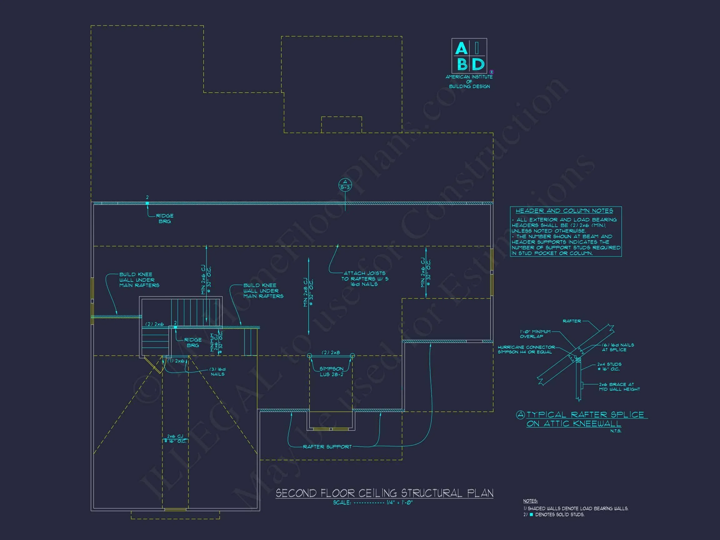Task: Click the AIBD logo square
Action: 469,56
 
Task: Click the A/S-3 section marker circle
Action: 345,185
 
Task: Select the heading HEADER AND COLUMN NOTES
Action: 564,211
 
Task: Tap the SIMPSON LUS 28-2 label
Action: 331,371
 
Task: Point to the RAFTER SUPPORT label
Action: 327,447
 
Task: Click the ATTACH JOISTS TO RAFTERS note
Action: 365,279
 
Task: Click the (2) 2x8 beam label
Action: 331,352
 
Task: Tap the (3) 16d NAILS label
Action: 217,372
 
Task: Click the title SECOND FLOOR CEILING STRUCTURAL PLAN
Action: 384,493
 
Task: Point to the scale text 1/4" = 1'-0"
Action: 399,502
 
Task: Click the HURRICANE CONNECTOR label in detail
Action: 526,350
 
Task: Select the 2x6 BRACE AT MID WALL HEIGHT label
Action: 619,387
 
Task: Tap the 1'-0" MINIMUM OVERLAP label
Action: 535,334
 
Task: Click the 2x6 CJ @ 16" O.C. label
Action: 175,438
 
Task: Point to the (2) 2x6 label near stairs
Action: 154,324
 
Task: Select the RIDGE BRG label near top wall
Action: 165,218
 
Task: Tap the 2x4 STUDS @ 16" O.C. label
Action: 609,367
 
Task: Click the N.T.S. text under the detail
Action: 616,431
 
